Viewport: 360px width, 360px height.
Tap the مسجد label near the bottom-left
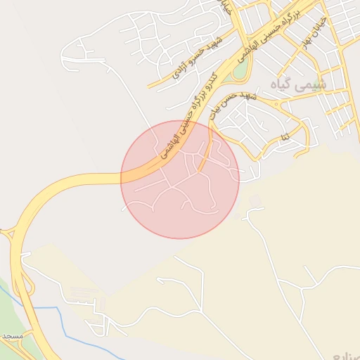click(12, 337)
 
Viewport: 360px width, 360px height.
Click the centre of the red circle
click(180, 179)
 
